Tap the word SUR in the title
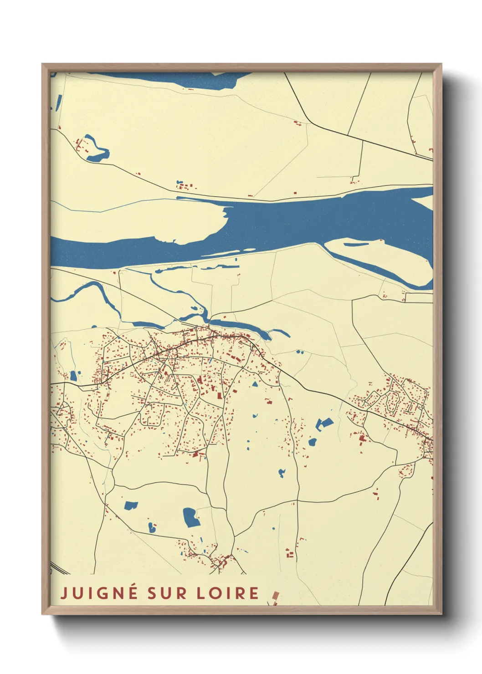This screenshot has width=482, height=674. tap(167, 593)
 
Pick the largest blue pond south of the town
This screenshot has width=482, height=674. tap(191, 517)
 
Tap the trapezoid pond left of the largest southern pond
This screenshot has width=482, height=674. tap(131, 505)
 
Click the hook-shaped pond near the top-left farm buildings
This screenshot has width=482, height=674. tap(97, 150)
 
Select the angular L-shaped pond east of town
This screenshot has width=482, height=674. tap(323, 424)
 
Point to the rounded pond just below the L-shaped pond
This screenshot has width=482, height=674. tap(313, 442)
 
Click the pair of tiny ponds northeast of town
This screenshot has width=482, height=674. tap(299, 352)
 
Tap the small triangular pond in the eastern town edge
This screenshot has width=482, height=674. tap(255, 384)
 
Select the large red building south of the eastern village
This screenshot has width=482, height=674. tap(362, 439)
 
